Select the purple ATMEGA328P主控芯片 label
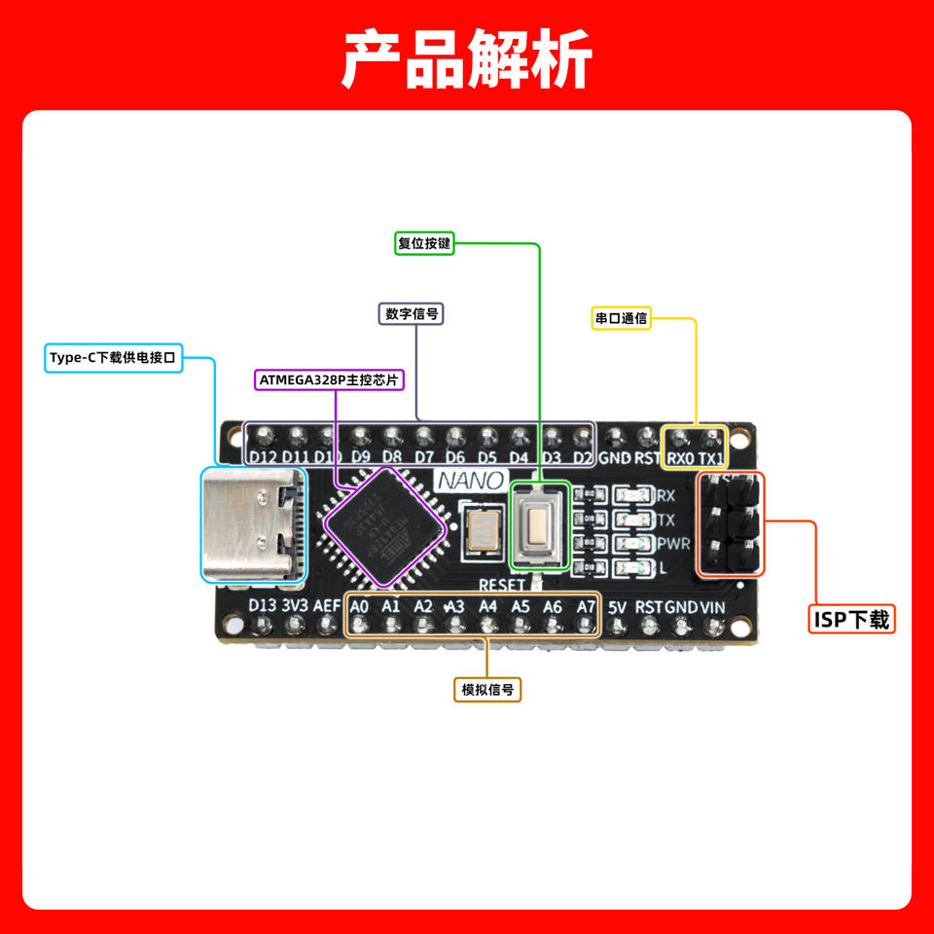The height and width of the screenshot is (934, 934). (329, 379)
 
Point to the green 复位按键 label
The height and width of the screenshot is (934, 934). (425, 243)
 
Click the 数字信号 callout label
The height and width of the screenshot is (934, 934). (410, 313)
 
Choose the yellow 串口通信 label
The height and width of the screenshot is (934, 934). (621, 317)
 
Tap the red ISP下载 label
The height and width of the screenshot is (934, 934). (851, 619)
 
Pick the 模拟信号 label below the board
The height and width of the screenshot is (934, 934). (487, 690)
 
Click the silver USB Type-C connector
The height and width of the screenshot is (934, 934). (251, 524)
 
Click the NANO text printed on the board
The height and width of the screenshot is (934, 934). (470, 481)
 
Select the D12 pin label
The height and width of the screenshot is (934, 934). (263, 457)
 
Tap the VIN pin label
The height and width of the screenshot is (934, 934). (713, 606)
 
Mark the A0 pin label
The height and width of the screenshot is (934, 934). (359, 606)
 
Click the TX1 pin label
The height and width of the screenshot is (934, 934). (712, 457)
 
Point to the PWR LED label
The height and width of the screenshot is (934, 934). (675, 543)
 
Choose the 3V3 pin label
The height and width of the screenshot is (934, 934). (295, 605)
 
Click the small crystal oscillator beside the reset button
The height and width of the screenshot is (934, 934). (482, 530)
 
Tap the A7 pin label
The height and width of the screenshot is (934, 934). (585, 606)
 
